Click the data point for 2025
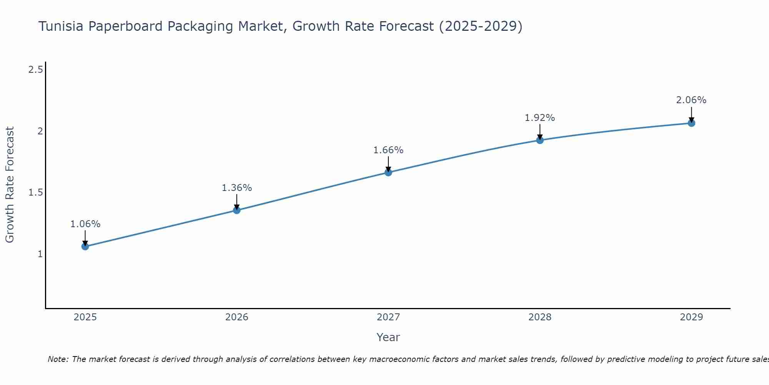85,246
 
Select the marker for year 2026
237,210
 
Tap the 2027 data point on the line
388,172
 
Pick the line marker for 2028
540,140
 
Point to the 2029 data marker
691,123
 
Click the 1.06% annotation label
85,224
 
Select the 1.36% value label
237,188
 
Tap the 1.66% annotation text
388,150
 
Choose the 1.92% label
540,118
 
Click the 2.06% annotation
691,100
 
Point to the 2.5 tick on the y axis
35,70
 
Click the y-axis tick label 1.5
35,192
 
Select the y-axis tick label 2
40,131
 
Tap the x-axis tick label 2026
237,317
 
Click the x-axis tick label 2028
540,317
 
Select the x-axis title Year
388,337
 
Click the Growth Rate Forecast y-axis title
10,185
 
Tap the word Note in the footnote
58,359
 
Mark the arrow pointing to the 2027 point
388,164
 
